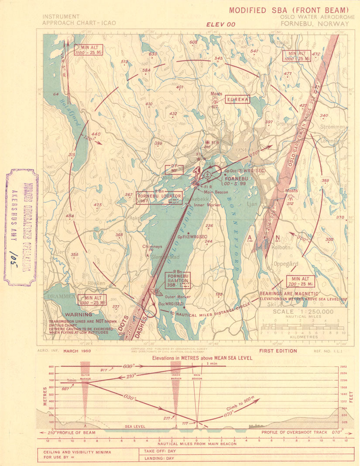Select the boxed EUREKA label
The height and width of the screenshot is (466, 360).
[x=237, y=99]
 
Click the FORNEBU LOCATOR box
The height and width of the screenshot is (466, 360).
[x=159, y=198]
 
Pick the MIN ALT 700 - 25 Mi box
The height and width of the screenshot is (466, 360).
[x=301, y=281]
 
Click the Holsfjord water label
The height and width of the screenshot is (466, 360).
[x=75, y=115]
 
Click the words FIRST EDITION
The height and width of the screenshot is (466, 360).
[x=278, y=350]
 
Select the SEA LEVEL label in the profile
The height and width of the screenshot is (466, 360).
[x=135, y=426]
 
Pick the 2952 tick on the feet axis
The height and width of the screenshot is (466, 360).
[x=345, y=367]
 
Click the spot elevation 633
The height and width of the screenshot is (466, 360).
[x=153, y=54]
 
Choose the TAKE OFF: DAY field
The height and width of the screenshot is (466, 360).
[x=157, y=452]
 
